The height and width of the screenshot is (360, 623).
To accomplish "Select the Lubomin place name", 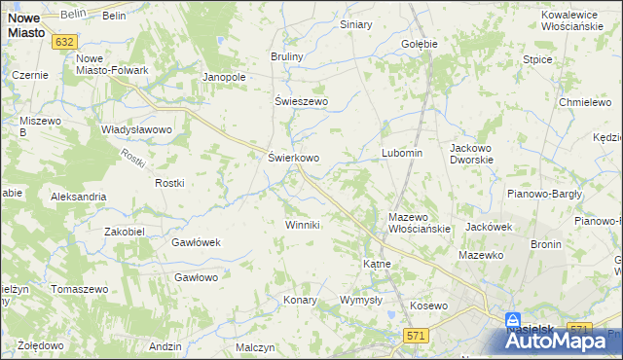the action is pyautogui.click(x=401, y=153).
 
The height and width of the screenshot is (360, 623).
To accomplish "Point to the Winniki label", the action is pyautogui.click(x=302, y=225).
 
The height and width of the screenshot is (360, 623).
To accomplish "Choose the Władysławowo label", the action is pyautogui.click(x=136, y=128).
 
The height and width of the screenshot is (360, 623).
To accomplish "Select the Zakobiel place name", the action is pyautogui.click(x=124, y=232).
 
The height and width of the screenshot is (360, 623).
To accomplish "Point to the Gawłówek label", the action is pyautogui.click(x=198, y=242).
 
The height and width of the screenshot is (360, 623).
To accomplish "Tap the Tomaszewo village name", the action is pyautogui.click(x=79, y=290).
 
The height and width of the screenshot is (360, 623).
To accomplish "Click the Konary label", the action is pyautogui.click(x=301, y=300).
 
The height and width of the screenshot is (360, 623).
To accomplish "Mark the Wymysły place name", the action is pyautogui.click(x=360, y=300).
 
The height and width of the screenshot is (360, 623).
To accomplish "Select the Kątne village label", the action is pyautogui.click(x=377, y=264).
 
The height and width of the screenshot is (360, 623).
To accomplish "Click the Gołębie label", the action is pyautogui.click(x=420, y=44).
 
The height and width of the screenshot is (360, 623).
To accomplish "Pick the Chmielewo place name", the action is pyautogui.click(x=582, y=102).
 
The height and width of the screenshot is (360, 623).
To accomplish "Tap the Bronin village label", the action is pyautogui.click(x=545, y=244).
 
